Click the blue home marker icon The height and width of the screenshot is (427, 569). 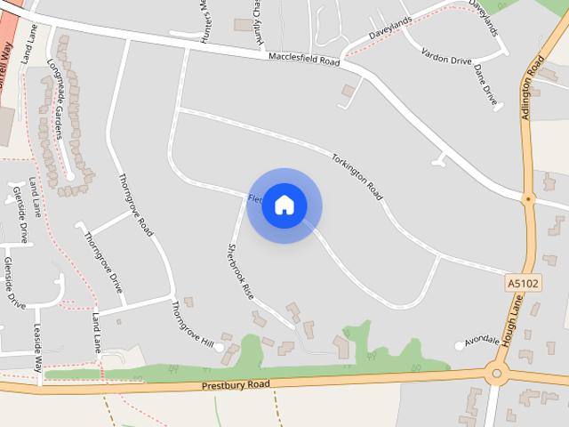point(284,205)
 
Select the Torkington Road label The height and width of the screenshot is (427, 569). point(362,176)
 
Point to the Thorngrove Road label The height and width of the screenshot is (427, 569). point(136,203)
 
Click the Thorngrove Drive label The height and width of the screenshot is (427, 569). point(103,262)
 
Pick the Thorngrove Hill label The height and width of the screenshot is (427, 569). point(193,323)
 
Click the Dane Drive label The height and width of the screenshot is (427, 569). point(485,85)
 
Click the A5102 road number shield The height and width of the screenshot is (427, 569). point(523,283)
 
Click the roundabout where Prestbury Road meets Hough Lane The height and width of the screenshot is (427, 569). point(498,374)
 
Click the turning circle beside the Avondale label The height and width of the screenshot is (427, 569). point(460,345)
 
